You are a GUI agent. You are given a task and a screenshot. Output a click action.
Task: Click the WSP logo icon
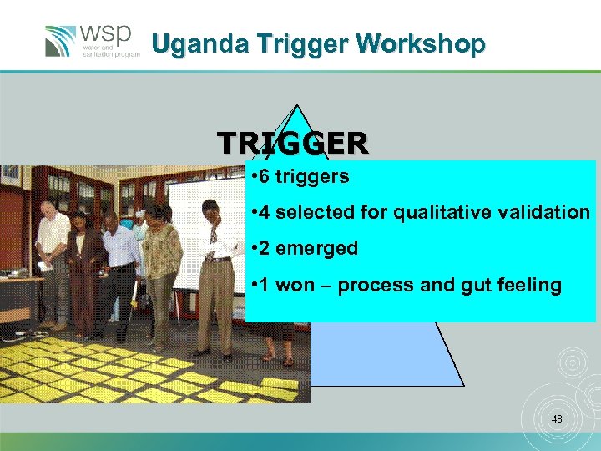[x=62, y=41]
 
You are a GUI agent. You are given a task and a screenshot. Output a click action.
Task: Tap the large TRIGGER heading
[x=292, y=143]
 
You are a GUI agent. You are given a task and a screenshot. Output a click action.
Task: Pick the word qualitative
[x=442, y=212]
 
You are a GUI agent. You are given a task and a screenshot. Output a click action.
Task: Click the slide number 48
[x=557, y=418]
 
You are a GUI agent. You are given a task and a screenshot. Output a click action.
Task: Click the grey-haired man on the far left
[x=52, y=251]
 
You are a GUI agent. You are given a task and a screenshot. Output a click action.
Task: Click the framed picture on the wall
[x=10, y=175]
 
